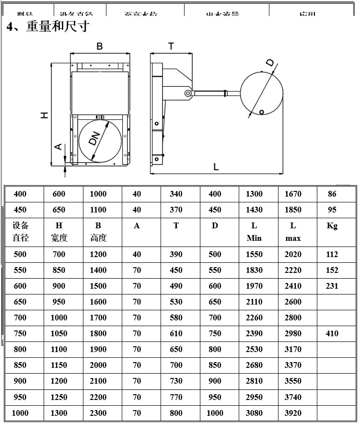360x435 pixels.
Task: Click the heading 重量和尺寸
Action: [58, 26]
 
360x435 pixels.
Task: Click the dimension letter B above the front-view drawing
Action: [100, 46]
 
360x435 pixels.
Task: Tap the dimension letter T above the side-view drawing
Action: [171, 46]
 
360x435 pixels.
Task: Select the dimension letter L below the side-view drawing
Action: [216, 167]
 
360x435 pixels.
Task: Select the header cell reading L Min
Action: [254, 232]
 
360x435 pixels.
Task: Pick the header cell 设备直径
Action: [21, 232]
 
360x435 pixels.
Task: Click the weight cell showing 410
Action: [332, 333]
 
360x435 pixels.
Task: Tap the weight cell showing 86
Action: [332, 194]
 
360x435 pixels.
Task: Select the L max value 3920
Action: [293, 413]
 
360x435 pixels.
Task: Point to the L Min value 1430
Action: [254, 210]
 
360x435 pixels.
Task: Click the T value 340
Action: [176, 194]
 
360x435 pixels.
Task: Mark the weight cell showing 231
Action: [332, 286]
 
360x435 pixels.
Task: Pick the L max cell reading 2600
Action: [293, 302]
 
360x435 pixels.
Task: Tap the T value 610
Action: [176, 333]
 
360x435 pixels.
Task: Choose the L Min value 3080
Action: [254, 413]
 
